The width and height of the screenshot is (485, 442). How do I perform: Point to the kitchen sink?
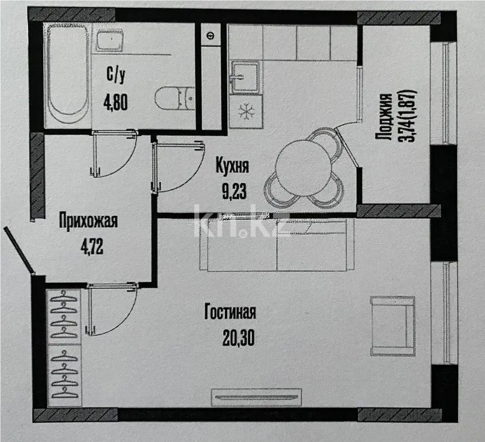click(245, 76)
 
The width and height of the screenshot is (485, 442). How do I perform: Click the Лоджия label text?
click(385, 117)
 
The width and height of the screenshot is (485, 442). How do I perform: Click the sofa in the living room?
click(277, 246)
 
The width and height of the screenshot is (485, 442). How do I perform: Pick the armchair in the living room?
click(392, 326)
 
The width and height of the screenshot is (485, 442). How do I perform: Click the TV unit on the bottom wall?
click(256, 396)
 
